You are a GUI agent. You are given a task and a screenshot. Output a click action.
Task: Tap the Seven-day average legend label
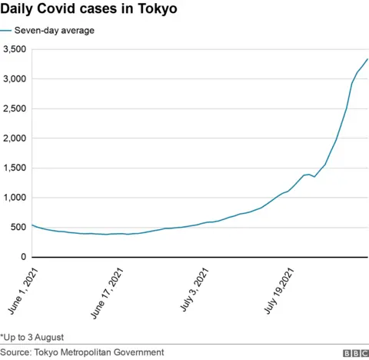pos(59,31)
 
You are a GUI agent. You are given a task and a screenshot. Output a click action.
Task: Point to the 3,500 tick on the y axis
pos(15,49)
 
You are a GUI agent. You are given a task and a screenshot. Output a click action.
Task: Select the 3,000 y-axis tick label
pos(15,79)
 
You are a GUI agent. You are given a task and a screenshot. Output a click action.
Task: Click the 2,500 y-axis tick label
pos(15,108)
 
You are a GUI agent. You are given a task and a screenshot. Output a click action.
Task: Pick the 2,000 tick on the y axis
pos(15,138)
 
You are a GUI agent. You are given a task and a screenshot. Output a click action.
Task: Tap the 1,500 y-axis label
pos(15,168)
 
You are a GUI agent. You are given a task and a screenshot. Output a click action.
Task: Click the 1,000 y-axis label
pos(15,198)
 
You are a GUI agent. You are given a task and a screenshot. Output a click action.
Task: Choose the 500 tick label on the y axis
pos(18,227)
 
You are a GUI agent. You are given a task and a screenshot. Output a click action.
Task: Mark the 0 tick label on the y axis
pos(24,257)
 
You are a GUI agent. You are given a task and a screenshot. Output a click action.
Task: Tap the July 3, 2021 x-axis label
pos(195,288)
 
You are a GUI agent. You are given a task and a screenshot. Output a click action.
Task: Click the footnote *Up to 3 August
pos(32,337)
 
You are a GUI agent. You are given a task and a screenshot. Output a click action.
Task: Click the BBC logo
pos(355,352)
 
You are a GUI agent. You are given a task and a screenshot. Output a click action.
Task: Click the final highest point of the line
pos(367,59)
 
